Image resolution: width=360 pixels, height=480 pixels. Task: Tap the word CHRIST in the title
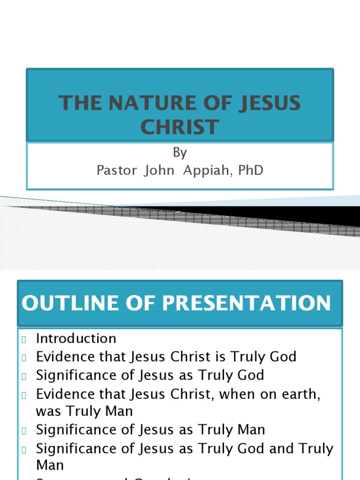click(180, 127)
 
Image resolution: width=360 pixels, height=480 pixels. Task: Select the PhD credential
click(251, 170)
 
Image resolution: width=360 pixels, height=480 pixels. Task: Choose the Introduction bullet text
click(76, 338)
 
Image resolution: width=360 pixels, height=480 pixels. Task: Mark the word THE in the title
click(77, 103)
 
